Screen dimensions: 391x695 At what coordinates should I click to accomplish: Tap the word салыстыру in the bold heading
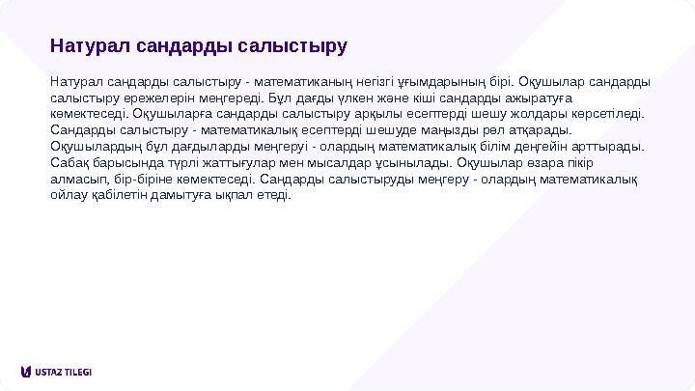click(296, 45)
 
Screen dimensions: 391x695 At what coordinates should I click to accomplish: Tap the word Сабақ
click(69, 162)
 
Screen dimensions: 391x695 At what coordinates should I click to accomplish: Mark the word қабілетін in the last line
click(113, 195)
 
